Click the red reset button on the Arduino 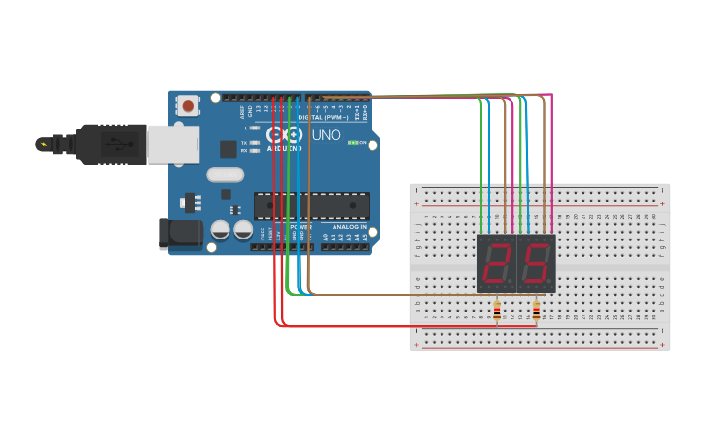[x=188, y=105]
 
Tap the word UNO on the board [x=326, y=135]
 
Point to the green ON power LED [x=353, y=143]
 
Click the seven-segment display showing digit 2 [x=496, y=263]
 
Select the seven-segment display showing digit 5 [x=536, y=263]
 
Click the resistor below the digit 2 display [x=497, y=312]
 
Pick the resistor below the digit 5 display [x=536, y=312]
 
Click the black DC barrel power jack [x=181, y=234]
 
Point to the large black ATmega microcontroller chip [x=311, y=205]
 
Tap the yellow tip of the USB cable [x=42, y=144]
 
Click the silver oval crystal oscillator [x=225, y=175]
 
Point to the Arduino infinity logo [x=286, y=134]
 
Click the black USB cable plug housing [x=112, y=144]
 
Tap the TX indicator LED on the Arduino [x=254, y=143]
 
